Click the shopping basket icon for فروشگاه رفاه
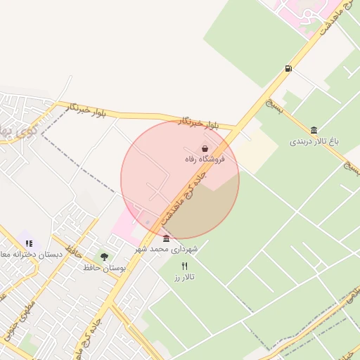(205, 149)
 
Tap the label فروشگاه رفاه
(205, 160)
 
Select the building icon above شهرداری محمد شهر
(166, 238)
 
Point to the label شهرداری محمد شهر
(167, 249)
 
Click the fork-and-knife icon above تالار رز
(185, 266)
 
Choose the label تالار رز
(184, 277)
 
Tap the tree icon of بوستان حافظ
(105, 257)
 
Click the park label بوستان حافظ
(103, 268)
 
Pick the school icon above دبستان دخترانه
(29, 243)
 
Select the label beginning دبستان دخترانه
(32, 254)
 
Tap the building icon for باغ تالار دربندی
(313, 130)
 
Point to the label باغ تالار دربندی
(314, 141)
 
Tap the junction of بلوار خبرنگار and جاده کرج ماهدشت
(233, 130)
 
